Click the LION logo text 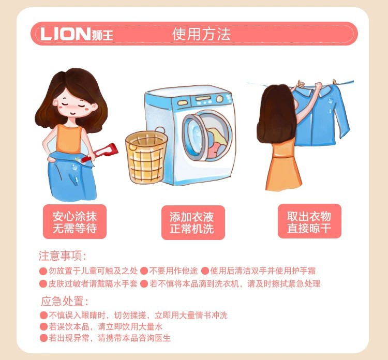[65, 35]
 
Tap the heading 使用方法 [201, 35]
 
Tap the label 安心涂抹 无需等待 [74, 221]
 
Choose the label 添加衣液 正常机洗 [191, 222]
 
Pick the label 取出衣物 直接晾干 [309, 221]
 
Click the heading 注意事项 [63, 257]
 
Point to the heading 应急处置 [64, 302]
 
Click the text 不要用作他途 [172, 271]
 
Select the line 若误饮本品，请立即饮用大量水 [106, 326]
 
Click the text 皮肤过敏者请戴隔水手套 [93, 283]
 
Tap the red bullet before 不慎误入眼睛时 [43, 315]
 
